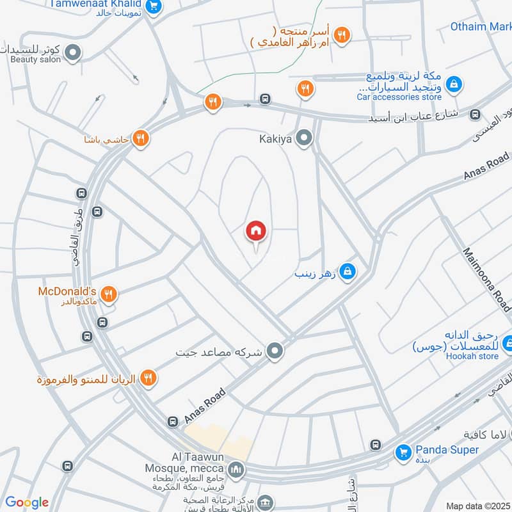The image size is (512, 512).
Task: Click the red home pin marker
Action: coord(256,231)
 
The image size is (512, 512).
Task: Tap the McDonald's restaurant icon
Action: coord(109,294)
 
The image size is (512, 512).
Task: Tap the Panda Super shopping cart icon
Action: coord(403,452)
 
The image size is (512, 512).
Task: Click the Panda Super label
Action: coord(447,450)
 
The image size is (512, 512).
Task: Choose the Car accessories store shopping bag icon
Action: coord(453,84)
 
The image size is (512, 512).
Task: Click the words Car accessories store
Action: coord(399,97)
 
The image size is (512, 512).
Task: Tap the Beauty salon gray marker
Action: coord(73,52)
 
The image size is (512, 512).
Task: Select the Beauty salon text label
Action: coord(35,60)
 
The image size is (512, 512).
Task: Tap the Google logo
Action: coord(27,502)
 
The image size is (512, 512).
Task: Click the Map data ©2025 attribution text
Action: coord(477,506)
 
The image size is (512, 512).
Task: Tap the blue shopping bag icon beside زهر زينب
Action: coord(347,271)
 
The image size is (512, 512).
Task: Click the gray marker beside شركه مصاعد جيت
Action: coord(275,351)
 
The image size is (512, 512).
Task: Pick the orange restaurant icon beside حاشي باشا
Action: coord(141,138)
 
